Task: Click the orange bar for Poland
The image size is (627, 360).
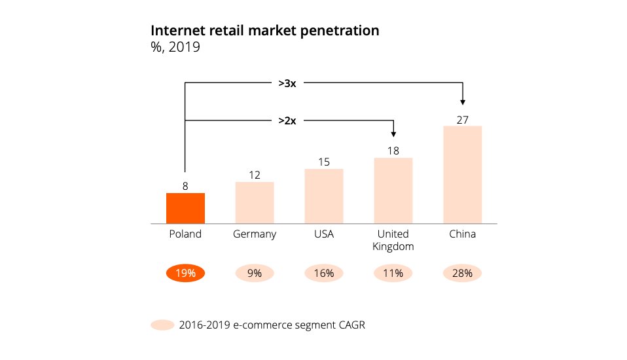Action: [185, 208]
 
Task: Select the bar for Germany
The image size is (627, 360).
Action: [255, 203]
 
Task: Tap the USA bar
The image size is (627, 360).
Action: [323, 196]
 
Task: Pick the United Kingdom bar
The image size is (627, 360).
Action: [393, 190]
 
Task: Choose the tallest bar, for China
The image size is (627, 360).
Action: [462, 175]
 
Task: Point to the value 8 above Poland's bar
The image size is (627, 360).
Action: [185, 186]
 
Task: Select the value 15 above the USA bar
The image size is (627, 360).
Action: [323, 162]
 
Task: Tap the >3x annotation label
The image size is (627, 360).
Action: [287, 83]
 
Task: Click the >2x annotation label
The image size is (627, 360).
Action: [287, 120]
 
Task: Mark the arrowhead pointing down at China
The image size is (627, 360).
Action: [463, 101]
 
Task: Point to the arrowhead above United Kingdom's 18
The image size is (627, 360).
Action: [393, 133]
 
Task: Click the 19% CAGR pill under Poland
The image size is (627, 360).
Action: [186, 274]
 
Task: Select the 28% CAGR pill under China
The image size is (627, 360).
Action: [462, 274]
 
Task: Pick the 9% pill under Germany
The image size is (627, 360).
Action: [255, 274]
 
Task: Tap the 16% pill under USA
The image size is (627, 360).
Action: [323, 274]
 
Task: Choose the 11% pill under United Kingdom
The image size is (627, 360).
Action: [393, 274]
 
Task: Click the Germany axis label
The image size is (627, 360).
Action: [255, 234]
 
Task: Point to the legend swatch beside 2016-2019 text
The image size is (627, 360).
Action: [162, 325]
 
